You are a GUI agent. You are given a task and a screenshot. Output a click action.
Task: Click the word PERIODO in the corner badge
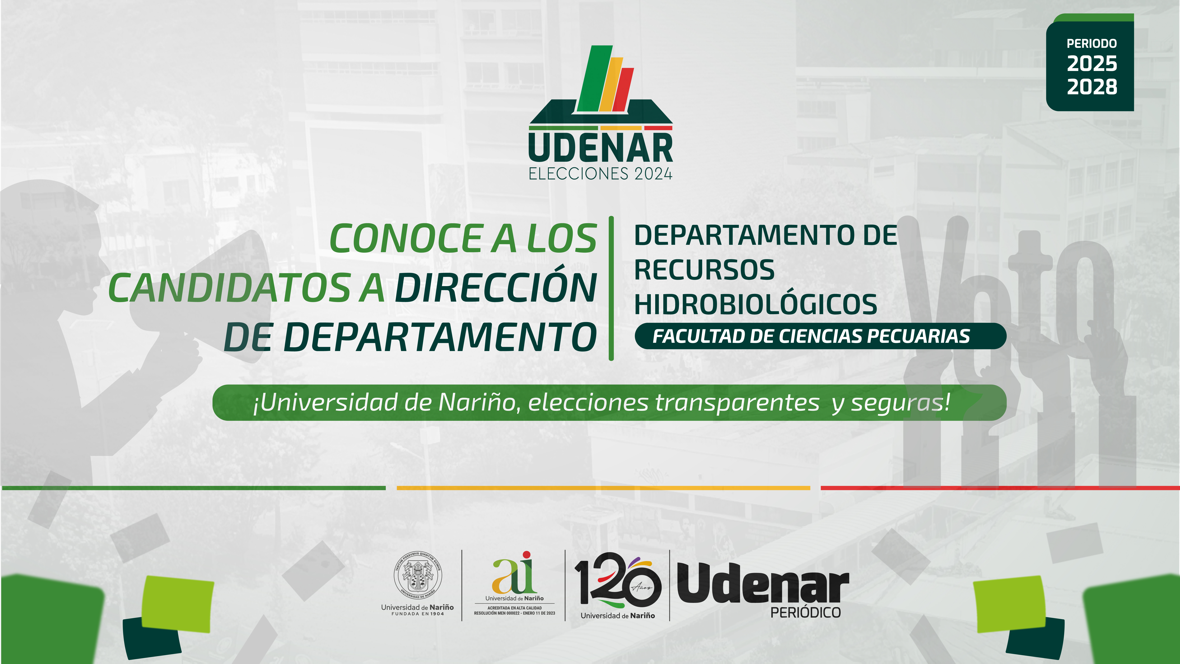1092,44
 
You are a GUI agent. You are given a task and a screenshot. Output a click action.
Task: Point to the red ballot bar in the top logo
623,89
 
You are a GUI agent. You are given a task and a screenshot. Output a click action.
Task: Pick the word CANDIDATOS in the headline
230,288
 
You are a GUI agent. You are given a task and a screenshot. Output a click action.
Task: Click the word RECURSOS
704,270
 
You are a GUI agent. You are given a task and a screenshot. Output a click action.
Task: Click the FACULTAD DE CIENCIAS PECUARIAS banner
820,336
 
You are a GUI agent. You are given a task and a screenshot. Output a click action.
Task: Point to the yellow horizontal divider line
603,488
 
